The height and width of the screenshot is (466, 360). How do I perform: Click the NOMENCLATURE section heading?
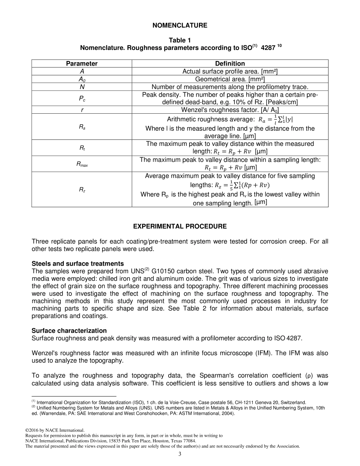coord(180,25)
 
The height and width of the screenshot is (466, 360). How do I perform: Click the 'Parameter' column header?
coord(81,64)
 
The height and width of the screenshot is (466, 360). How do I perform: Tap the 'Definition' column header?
coord(230,64)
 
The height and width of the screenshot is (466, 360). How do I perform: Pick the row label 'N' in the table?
coord(81,87)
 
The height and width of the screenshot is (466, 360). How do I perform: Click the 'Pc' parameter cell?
coord(82,99)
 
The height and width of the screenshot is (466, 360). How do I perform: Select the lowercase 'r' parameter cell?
coord(82,110)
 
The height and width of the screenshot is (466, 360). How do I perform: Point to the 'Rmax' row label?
coord(82,164)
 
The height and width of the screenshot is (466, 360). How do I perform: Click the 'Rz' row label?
coord(82,190)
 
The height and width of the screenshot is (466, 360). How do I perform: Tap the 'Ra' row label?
coord(82,127)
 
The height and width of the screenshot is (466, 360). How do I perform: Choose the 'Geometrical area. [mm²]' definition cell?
coord(230,79)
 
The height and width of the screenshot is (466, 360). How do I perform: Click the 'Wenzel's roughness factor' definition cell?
coord(230,110)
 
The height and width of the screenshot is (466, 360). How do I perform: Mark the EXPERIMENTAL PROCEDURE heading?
coord(180,227)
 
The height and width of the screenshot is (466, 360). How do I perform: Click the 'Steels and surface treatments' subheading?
coord(78,263)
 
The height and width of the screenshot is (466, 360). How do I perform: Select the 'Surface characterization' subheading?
coord(69,331)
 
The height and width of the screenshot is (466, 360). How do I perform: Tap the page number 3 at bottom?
coord(180,454)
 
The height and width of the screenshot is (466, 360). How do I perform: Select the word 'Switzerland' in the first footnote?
coord(293,402)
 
